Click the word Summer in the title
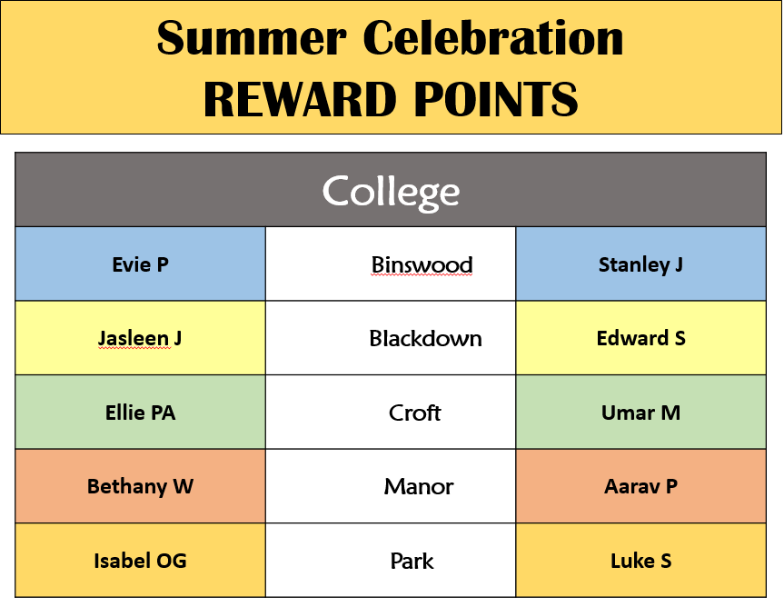pyautogui.click(x=252, y=38)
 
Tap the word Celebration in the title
pyautogui.click(x=493, y=38)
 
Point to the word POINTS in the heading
pyautogui.click(x=496, y=99)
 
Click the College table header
pyautogui.click(x=391, y=192)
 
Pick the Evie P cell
pyautogui.click(x=141, y=264)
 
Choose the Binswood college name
pyautogui.click(x=422, y=265)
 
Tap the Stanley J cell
pyautogui.click(x=640, y=264)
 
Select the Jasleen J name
pyautogui.click(x=140, y=339)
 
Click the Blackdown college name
pyautogui.click(x=425, y=339)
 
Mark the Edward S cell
pyautogui.click(x=641, y=338)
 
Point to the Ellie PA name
pyautogui.click(x=141, y=413)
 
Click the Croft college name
pyautogui.click(x=414, y=413)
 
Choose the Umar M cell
pyautogui.click(x=640, y=413)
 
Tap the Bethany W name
pyautogui.click(x=141, y=486)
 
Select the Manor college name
pyautogui.click(x=419, y=486)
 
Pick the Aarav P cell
pyautogui.click(x=640, y=486)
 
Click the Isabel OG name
pyautogui.click(x=141, y=561)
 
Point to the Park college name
pyautogui.click(x=412, y=561)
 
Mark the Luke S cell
pyautogui.click(x=641, y=561)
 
